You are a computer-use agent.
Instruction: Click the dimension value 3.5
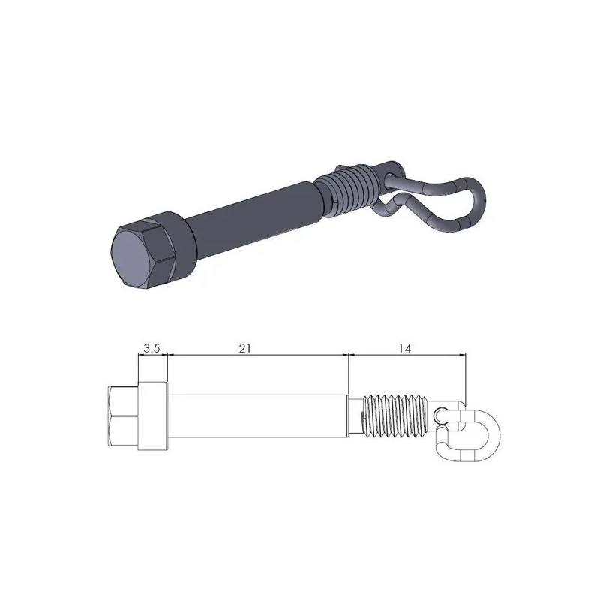pos(151,348)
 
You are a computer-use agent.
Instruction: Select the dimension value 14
pos(406,348)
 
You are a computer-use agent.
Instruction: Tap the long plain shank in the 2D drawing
pos(255,416)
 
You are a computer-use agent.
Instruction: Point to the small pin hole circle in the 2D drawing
pos(440,413)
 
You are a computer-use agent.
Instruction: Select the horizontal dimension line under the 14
pos(406,357)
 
